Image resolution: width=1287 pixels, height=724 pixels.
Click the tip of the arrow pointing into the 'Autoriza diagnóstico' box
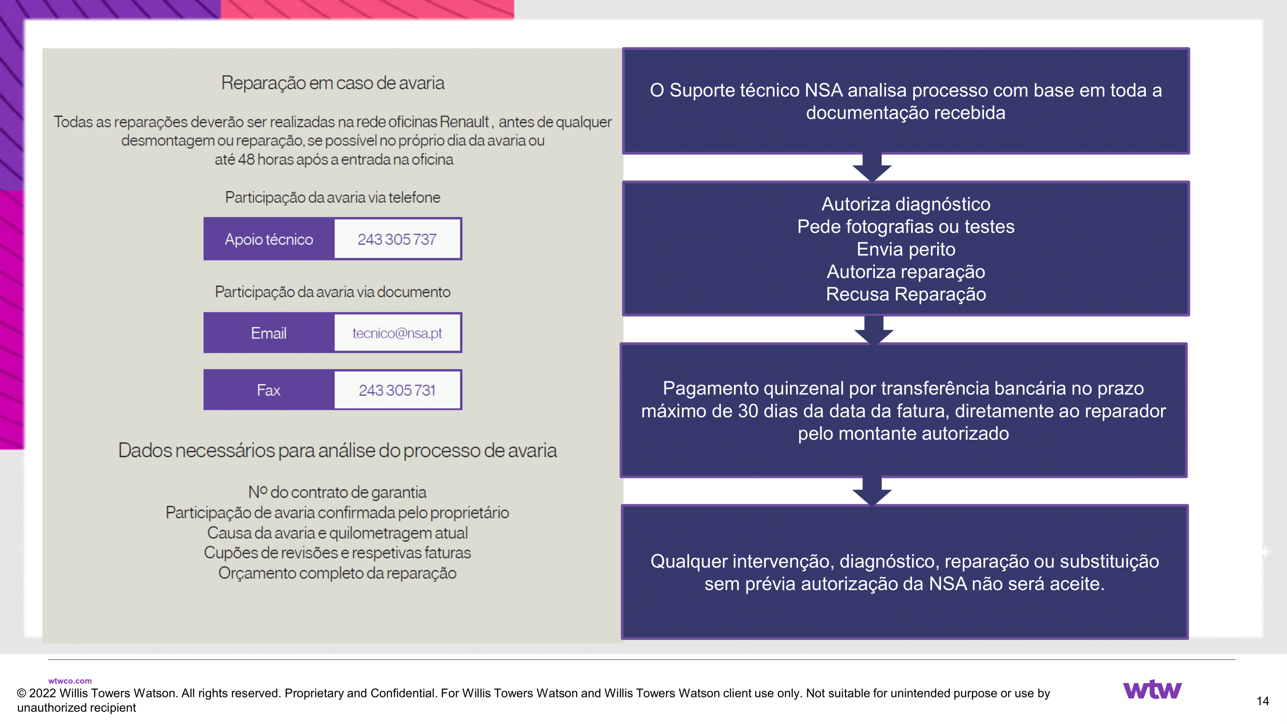pos(872,181)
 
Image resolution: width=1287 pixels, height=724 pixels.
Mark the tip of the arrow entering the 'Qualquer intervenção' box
pos(872,506)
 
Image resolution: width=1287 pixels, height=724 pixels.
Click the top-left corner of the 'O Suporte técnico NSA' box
pos(623,48)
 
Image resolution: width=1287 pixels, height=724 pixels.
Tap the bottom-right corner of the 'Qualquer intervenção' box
pos(1189,639)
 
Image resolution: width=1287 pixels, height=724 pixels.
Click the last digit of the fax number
pos(433,390)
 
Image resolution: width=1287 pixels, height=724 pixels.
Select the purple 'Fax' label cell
pos(269,390)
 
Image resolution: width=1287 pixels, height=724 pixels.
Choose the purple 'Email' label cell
pos(269,333)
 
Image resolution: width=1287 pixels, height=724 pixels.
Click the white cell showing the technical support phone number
pos(397,239)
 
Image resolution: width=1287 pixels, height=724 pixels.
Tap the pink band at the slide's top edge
pos(367,9)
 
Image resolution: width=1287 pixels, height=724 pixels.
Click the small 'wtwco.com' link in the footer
pos(70,681)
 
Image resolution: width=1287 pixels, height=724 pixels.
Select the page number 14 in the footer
pos(1262,700)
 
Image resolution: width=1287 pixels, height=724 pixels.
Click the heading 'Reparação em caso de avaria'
pos(333,83)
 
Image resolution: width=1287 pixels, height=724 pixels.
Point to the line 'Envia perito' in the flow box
pos(906,249)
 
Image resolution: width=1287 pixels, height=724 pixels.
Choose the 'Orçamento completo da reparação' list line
pos(337,573)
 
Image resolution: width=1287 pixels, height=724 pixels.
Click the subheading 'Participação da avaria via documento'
pos(333,292)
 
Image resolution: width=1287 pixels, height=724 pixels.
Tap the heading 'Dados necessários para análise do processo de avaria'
pos(337,451)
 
